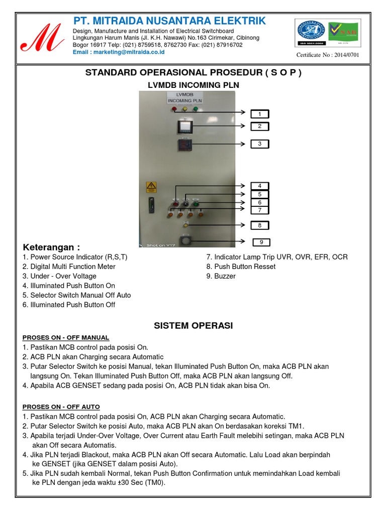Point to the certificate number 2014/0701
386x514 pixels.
click(x=328, y=55)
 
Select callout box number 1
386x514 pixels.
click(x=260, y=114)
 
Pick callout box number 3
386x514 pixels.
click(x=260, y=144)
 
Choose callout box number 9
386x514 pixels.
click(x=261, y=242)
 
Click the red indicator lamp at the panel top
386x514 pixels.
click(x=174, y=109)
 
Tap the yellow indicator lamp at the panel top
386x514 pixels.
click(x=184, y=109)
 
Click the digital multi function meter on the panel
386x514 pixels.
click(x=184, y=127)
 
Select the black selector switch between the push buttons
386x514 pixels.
click(x=185, y=204)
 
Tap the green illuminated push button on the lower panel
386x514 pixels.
click(x=196, y=204)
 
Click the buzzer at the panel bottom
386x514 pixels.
click(x=186, y=240)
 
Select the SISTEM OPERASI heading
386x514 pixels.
click(x=193, y=326)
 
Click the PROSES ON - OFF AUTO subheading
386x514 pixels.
click(x=61, y=407)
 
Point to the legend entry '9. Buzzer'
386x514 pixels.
click(x=221, y=276)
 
